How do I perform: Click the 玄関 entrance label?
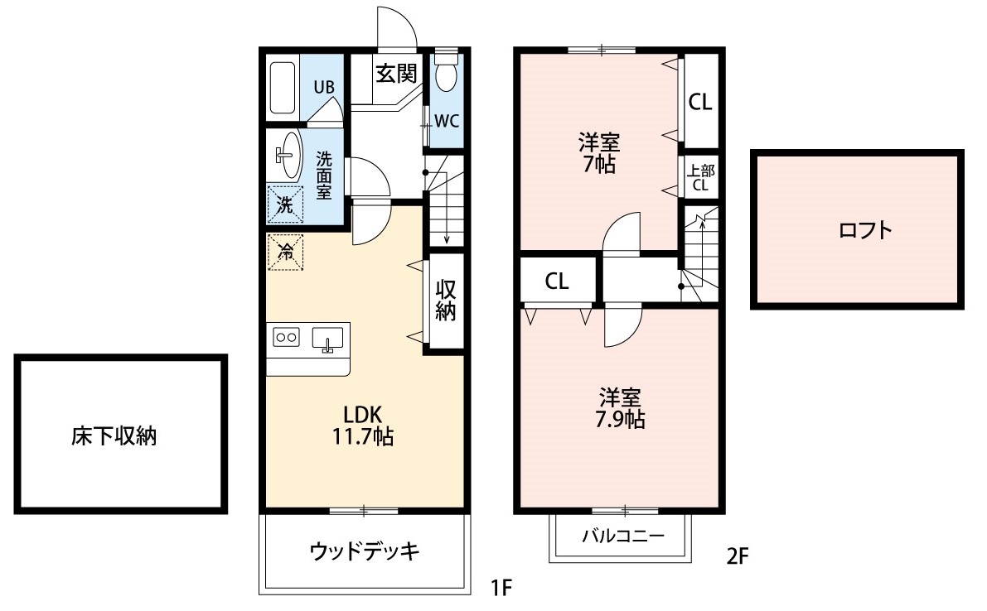[x=395, y=74]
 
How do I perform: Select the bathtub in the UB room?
[x=283, y=88]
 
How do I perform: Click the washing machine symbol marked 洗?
[x=285, y=205]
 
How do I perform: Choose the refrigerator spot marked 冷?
[x=285, y=252]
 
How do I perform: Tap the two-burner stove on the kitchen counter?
[x=286, y=337]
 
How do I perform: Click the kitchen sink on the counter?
[x=327, y=339]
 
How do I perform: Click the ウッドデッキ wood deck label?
[x=365, y=551]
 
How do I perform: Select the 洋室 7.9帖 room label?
[x=620, y=407]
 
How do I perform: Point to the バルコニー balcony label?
[x=622, y=536]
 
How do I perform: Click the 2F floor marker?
[x=738, y=555]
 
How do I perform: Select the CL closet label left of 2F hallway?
[x=557, y=281]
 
